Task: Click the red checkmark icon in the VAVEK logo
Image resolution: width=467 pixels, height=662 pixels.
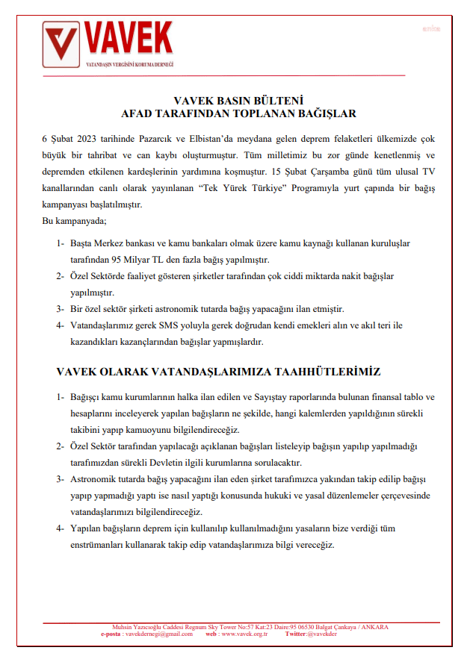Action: tap(62, 45)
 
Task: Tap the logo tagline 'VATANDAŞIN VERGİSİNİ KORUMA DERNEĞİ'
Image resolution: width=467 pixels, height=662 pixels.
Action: tap(129, 65)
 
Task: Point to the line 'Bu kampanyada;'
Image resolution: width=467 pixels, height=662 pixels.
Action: tap(75, 222)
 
